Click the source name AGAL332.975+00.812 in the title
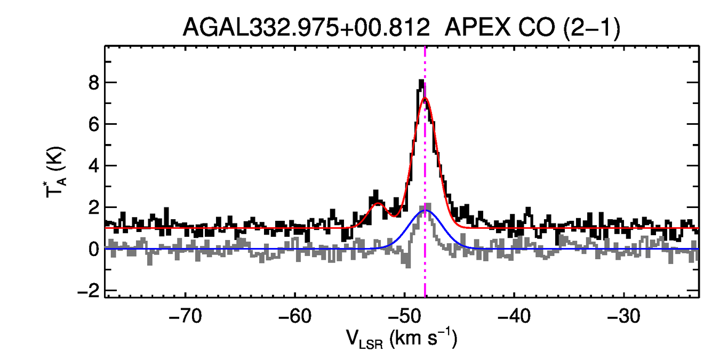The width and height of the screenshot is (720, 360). click(x=306, y=27)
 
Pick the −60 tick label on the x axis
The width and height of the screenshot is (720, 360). click(x=294, y=315)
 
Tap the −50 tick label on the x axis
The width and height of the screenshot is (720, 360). click(x=404, y=315)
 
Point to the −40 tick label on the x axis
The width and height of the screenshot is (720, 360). click(x=514, y=315)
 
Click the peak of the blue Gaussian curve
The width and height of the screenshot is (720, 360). click(x=425, y=211)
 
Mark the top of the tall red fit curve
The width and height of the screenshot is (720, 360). click(x=425, y=98)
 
